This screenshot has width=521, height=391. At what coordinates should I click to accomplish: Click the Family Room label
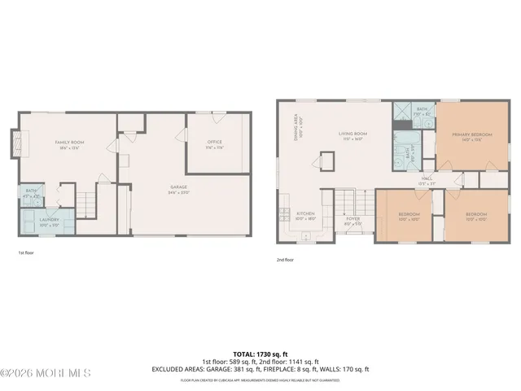(x=70, y=145)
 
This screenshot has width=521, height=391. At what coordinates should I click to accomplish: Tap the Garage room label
(x=179, y=191)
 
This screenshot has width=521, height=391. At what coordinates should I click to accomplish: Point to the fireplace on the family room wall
(x=16, y=144)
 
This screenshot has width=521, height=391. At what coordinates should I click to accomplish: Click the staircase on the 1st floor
(x=85, y=200)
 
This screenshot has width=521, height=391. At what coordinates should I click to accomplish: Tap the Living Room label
(x=353, y=135)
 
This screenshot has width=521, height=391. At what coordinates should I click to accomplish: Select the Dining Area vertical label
(x=299, y=128)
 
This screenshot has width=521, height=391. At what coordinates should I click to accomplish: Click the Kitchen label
(x=304, y=216)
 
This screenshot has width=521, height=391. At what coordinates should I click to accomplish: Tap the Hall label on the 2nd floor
(x=426, y=182)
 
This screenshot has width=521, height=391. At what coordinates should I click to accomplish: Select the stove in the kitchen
(x=283, y=215)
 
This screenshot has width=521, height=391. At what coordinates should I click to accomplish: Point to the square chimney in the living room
(x=328, y=160)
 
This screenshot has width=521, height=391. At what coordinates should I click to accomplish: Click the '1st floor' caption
(x=27, y=253)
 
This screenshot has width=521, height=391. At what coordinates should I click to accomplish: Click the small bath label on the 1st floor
(x=30, y=195)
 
